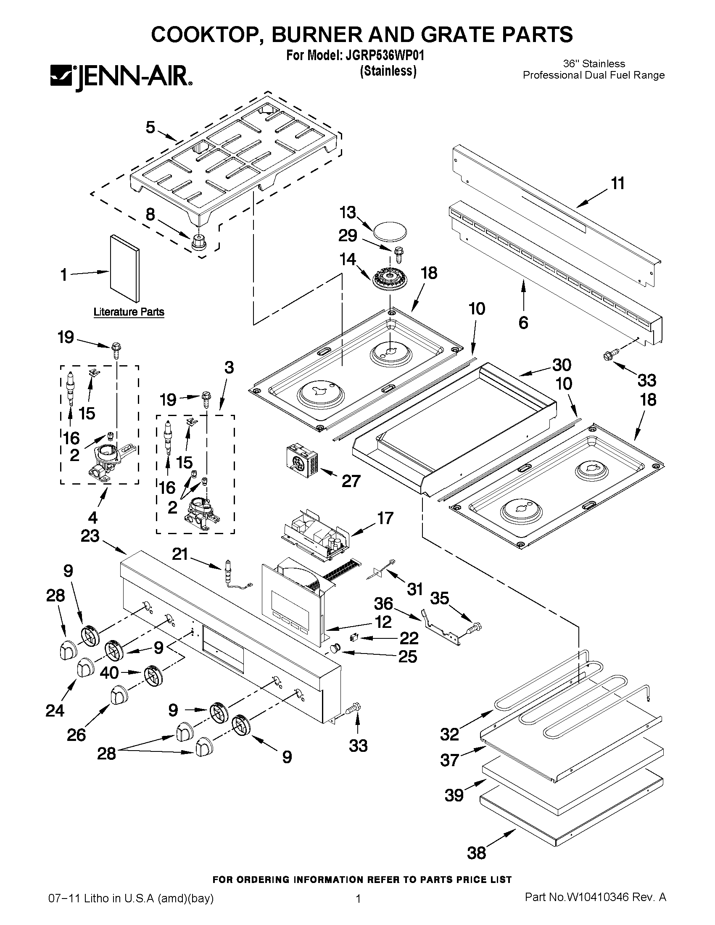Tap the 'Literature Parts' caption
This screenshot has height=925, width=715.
(x=129, y=312)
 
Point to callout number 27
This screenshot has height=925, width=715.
(x=351, y=481)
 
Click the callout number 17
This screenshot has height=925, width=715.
(x=385, y=518)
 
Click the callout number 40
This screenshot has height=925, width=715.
(x=109, y=672)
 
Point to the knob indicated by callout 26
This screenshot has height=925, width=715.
(x=119, y=696)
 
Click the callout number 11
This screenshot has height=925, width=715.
(x=618, y=183)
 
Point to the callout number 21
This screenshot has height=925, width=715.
(x=180, y=553)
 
